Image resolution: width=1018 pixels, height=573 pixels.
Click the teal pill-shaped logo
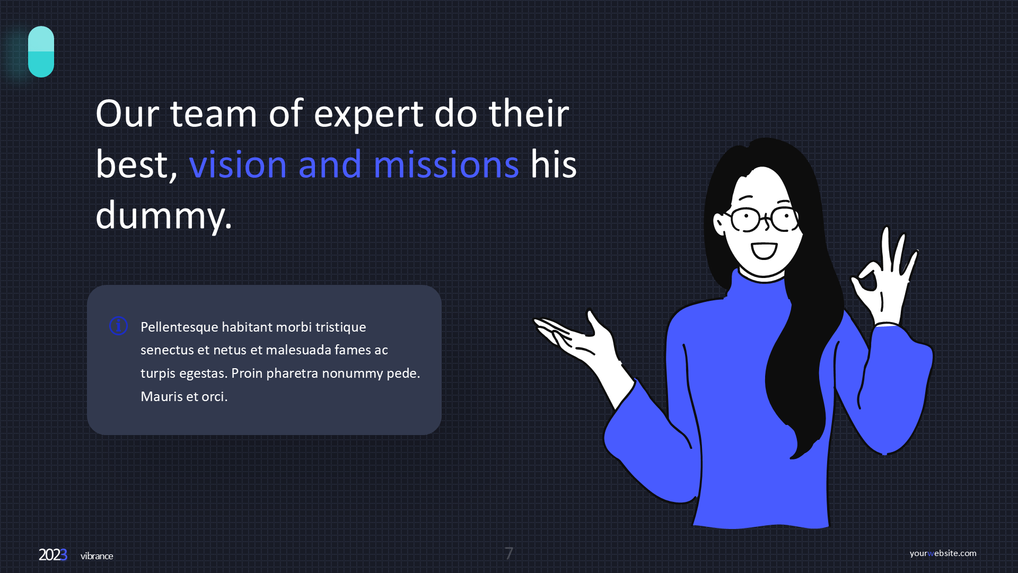pyautogui.click(x=41, y=51)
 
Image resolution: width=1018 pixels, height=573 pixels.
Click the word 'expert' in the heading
pyautogui.click(x=369, y=115)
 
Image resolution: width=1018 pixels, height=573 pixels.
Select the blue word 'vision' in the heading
pyautogui.click(x=238, y=164)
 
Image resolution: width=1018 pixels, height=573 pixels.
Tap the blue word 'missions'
pyautogui.click(x=446, y=164)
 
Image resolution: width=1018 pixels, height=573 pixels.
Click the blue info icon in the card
pyautogui.click(x=118, y=326)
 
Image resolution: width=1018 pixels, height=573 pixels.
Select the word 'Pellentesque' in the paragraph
pyautogui.click(x=179, y=327)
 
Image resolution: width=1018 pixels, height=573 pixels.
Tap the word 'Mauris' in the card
pyautogui.click(x=162, y=396)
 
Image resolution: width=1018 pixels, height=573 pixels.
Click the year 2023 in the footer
pyautogui.click(x=53, y=555)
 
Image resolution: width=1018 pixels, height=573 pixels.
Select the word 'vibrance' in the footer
pyautogui.click(x=96, y=556)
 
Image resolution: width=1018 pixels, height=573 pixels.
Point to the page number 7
pyautogui.click(x=509, y=553)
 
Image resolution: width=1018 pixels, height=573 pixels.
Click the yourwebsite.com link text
pyautogui.click(x=943, y=553)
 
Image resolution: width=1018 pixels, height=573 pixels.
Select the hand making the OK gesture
pyautogui.click(x=884, y=276)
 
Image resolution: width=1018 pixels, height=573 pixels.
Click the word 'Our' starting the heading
pyautogui.click(x=127, y=114)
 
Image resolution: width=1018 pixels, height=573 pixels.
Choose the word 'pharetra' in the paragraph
pyautogui.click(x=292, y=374)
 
